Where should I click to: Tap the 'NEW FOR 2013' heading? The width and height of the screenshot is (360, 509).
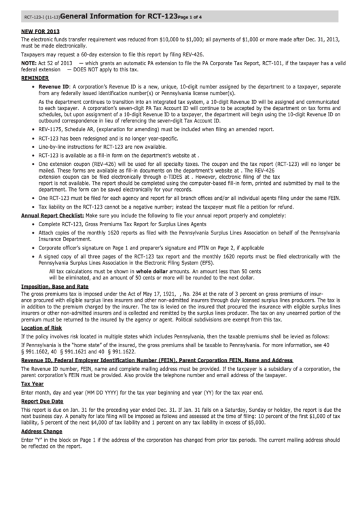[x=39, y=31]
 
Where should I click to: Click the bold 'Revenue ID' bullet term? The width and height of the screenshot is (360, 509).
[x=54, y=88]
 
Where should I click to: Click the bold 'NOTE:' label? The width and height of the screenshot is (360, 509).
[x=30, y=63]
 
